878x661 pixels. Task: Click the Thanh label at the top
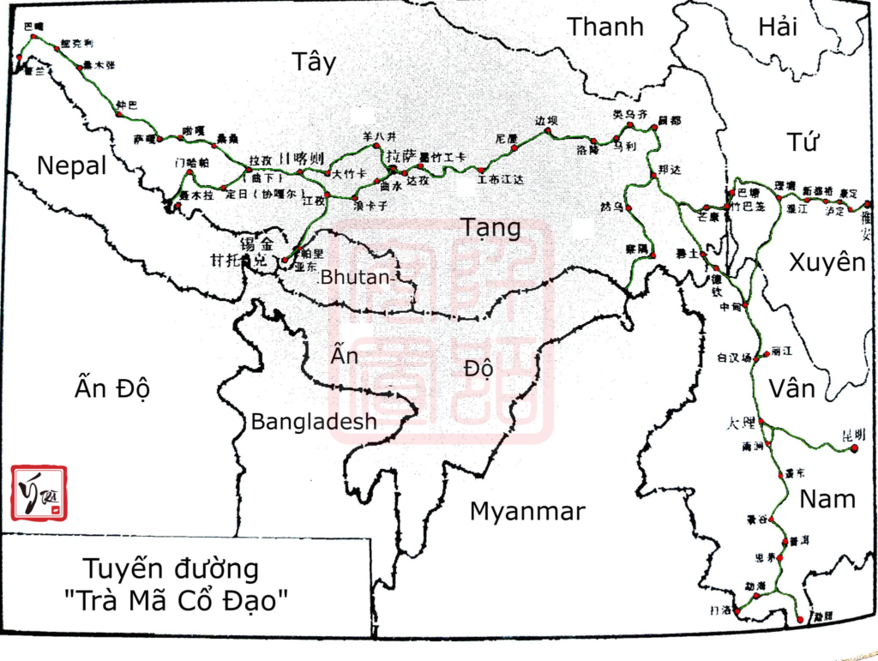(605, 27)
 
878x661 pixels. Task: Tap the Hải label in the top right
(778, 27)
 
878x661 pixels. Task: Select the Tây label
(314, 62)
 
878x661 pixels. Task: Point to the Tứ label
(803, 141)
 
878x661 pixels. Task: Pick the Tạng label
(490, 227)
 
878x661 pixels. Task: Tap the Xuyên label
(827, 262)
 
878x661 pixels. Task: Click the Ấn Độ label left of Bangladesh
(112, 388)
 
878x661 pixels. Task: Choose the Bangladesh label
(314, 421)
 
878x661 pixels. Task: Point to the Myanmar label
(527, 512)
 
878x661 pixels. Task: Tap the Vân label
(791, 388)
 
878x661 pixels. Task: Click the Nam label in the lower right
(827, 498)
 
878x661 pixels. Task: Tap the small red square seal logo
(38, 493)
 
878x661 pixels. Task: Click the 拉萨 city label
(400, 157)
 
